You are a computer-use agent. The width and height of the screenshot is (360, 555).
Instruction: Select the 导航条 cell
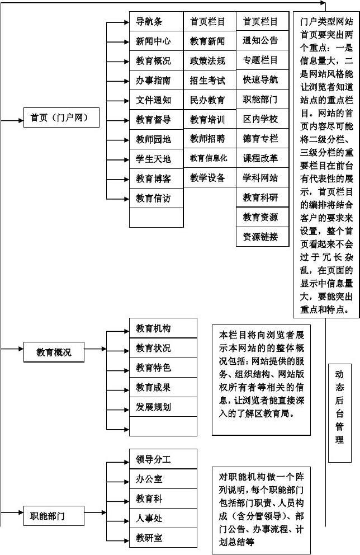coord(156,22)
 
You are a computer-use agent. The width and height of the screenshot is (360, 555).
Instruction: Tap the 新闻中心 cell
coord(156,41)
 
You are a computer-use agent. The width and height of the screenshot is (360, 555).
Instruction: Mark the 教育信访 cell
coord(156,198)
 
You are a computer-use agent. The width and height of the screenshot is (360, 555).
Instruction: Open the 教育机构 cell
coord(163,328)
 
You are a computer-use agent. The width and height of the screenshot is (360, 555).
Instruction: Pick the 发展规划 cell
coord(163,407)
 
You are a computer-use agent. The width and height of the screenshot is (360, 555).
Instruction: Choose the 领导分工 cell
coord(163,459)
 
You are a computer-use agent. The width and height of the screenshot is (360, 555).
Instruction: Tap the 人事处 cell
coord(163,519)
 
